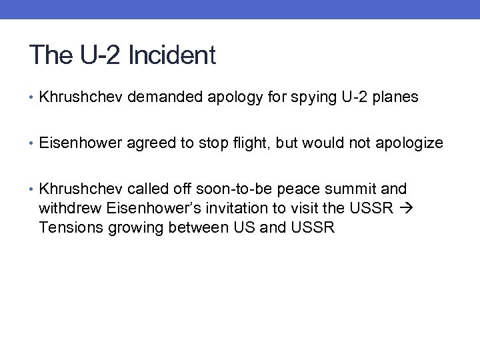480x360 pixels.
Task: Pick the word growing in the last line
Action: (129, 227)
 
